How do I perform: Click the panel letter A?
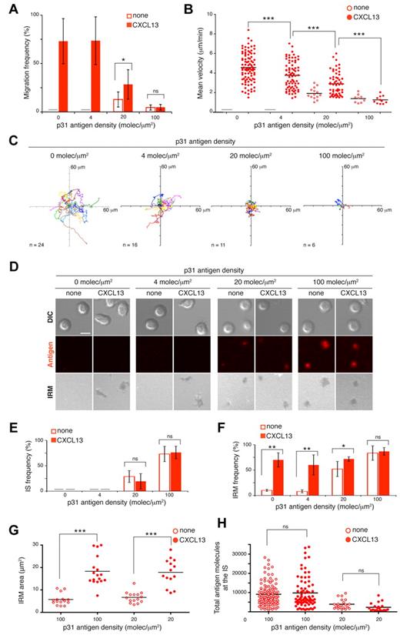[8, 8]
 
